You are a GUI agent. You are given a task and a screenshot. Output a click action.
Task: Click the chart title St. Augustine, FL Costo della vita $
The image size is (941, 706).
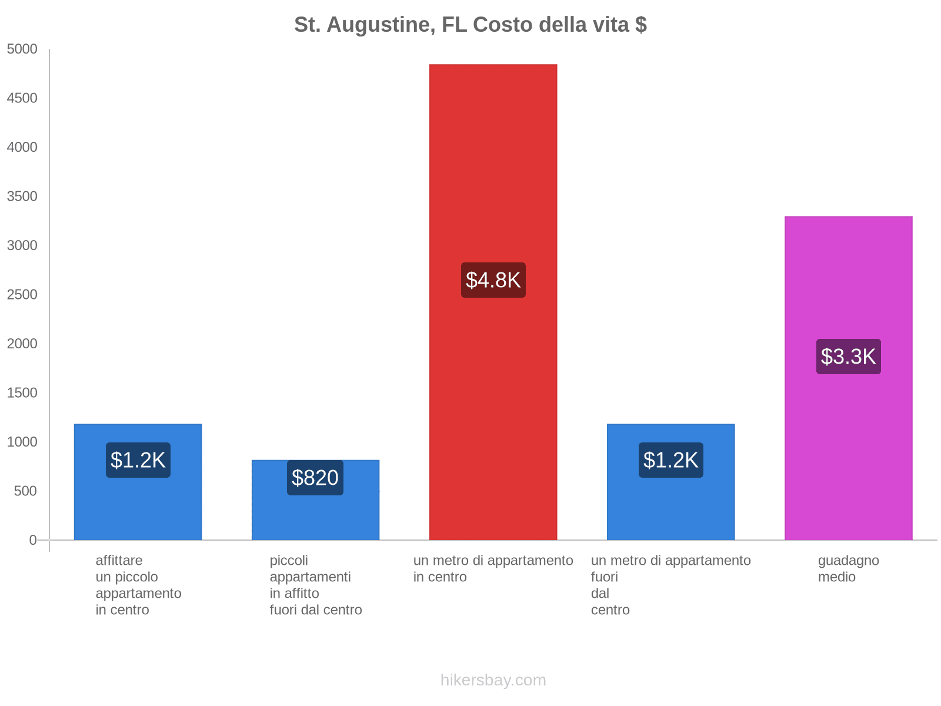coord(470,25)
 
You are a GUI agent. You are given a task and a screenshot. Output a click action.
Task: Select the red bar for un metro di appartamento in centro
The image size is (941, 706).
coord(493,176)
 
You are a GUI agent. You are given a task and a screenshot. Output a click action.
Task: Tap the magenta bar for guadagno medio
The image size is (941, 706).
coord(848,282)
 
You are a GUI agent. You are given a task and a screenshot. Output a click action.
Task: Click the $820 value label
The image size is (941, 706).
coord(315,478)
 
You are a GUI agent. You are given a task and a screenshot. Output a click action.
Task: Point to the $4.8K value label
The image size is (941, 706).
coord(493,280)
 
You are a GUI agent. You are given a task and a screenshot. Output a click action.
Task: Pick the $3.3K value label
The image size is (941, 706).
coord(848,357)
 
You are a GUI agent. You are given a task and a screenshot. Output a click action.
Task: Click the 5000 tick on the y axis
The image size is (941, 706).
coord(22,49)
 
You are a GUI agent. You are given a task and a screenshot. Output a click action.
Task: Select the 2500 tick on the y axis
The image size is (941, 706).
coord(22,295)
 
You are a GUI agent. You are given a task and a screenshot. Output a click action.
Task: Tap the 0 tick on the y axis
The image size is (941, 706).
coord(33,540)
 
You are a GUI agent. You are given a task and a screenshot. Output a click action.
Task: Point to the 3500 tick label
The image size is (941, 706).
coord(22,197)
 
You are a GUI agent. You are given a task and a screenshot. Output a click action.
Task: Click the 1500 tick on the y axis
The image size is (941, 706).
coord(22,393)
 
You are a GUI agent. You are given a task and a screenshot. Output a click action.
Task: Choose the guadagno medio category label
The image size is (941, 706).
coord(848,569)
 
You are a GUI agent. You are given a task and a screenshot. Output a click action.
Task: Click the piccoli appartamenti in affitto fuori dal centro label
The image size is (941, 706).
coord(315,585)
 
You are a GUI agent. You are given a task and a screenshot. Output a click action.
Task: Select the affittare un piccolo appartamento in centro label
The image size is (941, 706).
coord(138,585)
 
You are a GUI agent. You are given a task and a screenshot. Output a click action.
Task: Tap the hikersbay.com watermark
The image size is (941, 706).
coord(493,680)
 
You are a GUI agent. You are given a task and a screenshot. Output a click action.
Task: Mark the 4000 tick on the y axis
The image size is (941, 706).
coord(22,148)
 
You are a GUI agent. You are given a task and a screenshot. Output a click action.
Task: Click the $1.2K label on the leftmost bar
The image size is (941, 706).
coord(138,460)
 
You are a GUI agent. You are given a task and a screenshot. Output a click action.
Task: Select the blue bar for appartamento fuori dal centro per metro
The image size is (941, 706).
coord(670,506)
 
